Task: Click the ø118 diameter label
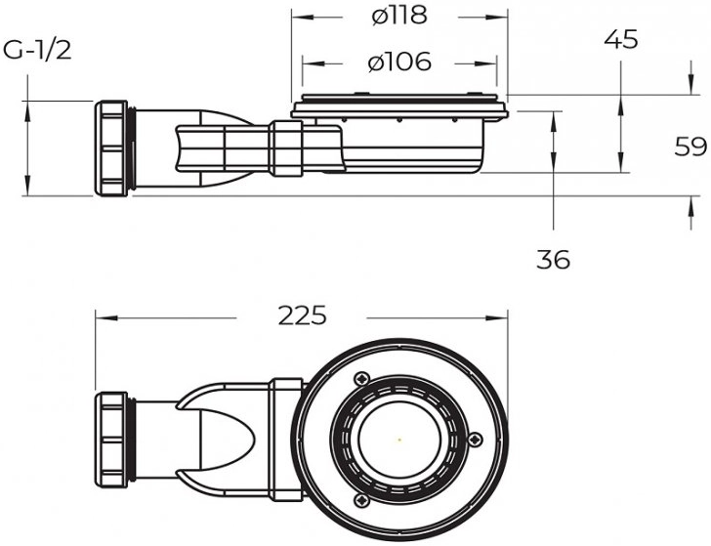pos(399,16)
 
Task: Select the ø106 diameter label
pos(399,62)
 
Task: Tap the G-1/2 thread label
pos(37,51)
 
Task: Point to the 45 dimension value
pos(621,39)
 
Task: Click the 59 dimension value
pos(690,147)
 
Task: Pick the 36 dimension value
pos(553,260)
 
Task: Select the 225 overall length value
pos(302,315)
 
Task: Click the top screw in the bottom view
pos(361,379)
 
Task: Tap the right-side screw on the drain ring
pos(475,439)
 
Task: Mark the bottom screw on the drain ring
pos(361,501)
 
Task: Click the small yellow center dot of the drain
pos(399,440)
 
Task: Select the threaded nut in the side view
pos(111,148)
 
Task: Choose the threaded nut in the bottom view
pos(111,441)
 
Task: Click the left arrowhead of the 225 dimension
pos(106,317)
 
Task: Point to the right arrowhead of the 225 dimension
pos(496,317)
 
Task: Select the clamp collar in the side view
pos(286,148)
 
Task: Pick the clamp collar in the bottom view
pos(286,440)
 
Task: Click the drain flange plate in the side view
pos(399,108)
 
